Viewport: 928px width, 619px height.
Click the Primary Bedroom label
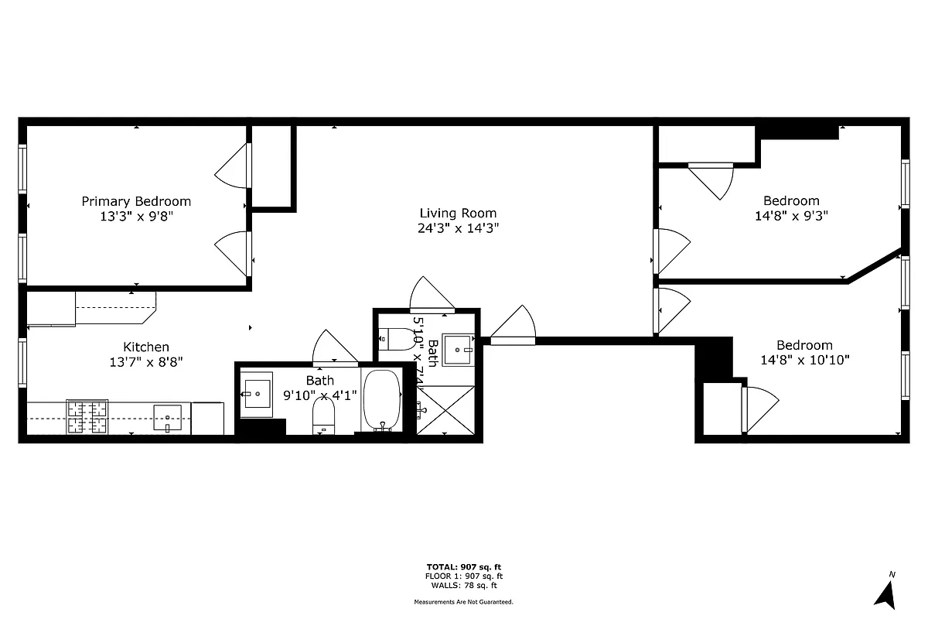tap(136, 201)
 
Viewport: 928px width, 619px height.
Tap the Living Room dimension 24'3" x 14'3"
tap(458, 228)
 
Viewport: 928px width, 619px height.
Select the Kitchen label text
tap(146, 347)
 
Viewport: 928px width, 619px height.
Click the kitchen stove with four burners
tap(87, 417)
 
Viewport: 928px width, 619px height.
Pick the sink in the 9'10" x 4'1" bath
tap(256, 394)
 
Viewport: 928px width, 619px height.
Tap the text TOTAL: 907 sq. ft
tap(464, 566)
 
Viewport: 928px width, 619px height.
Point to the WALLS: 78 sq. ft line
tap(464, 586)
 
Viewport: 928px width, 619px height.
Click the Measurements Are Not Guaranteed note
tap(464, 601)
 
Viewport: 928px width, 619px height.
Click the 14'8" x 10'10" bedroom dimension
tap(804, 360)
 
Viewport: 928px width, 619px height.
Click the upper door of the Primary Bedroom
tap(232, 166)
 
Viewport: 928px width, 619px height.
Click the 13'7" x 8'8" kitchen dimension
tap(146, 361)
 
